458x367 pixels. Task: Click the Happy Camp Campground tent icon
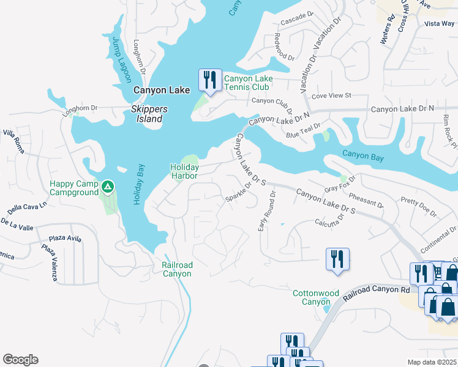point(108,185)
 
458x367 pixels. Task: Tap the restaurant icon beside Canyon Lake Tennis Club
point(209,80)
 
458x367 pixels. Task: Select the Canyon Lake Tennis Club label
point(248,83)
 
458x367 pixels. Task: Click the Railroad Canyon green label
point(177,269)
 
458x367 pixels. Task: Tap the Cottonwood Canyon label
point(316,297)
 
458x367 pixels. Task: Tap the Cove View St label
point(331,96)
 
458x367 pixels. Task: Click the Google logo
point(20,360)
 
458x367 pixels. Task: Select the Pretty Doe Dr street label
point(419,208)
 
